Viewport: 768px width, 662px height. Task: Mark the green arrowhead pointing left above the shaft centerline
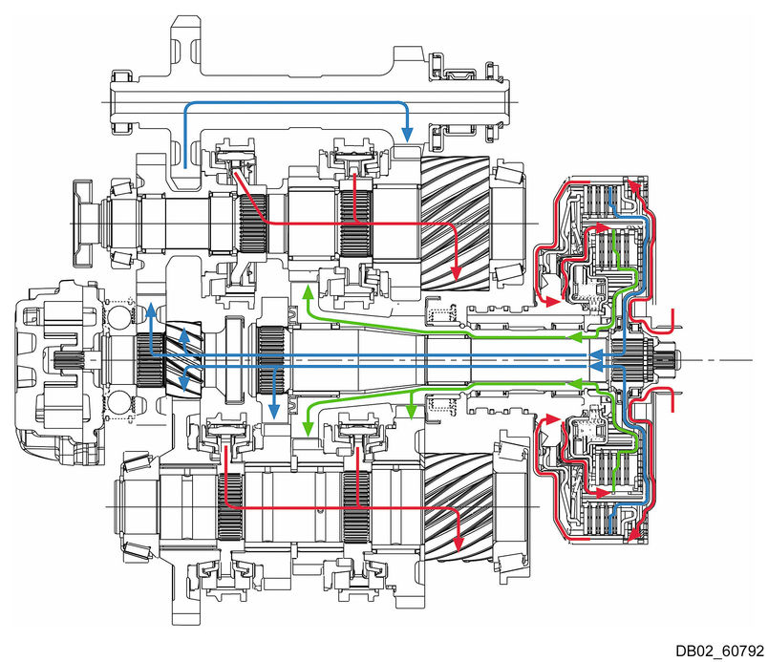tap(574, 336)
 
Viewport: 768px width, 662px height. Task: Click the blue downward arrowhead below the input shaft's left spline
tap(274, 411)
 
